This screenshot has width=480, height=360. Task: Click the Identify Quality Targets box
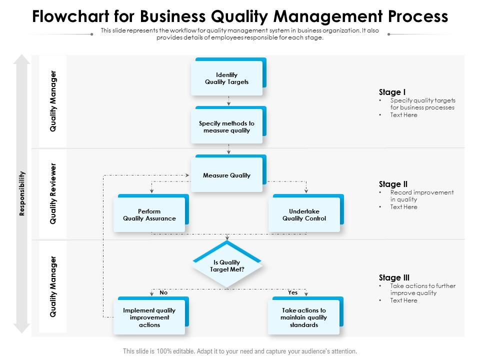tap(226, 78)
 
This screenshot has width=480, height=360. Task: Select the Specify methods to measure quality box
tap(226, 127)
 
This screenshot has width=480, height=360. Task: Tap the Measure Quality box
tap(226, 175)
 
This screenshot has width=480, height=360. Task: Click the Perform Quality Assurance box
tap(149, 215)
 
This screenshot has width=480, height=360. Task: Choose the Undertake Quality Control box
tap(304, 215)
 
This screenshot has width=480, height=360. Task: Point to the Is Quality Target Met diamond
tap(226, 266)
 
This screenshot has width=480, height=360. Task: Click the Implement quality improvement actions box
tap(149, 317)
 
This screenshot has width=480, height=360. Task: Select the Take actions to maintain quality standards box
tap(303, 317)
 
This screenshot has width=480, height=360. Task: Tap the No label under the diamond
tap(163, 292)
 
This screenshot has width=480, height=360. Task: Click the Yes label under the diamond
tap(292, 292)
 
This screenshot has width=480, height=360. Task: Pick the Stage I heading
tap(392, 92)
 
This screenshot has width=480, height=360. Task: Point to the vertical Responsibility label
tap(21, 193)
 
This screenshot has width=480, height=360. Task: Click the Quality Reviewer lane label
tap(53, 193)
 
